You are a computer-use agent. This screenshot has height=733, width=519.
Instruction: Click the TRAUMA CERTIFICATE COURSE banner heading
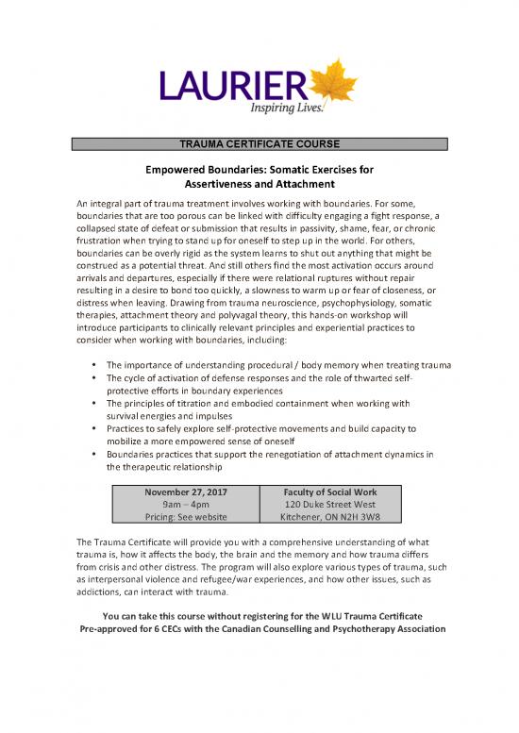click(x=259, y=143)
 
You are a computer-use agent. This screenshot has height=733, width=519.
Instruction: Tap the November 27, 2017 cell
click(x=186, y=491)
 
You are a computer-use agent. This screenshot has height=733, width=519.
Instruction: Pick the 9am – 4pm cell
click(x=186, y=505)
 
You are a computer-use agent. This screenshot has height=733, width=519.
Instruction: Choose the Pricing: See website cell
click(x=186, y=518)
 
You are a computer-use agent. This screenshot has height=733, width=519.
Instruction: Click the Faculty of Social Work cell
click(x=331, y=491)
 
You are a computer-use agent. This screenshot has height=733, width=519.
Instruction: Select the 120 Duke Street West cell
click(x=331, y=505)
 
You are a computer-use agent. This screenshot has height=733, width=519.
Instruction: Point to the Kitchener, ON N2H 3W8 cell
click(x=331, y=518)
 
